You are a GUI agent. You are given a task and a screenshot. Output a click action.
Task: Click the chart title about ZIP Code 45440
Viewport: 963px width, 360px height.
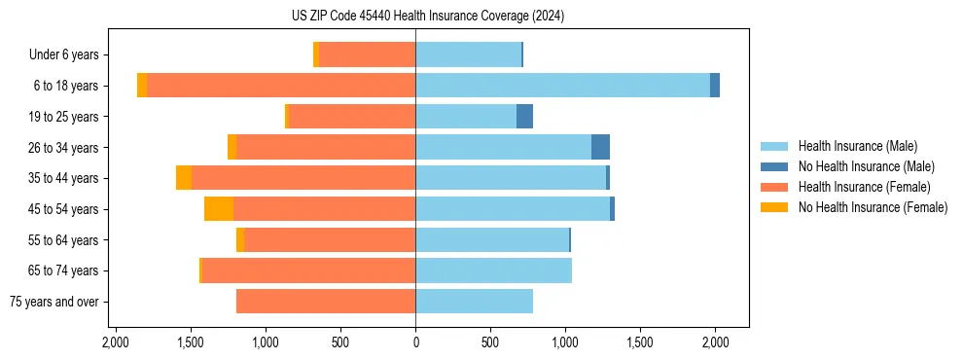click(482, 17)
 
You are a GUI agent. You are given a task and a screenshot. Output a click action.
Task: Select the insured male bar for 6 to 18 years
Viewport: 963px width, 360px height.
click(562, 86)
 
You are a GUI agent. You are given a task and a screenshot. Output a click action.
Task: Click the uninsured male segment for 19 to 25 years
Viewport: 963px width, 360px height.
click(524, 117)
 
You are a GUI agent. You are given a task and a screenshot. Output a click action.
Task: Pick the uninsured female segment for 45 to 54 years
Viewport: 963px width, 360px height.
click(219, 209)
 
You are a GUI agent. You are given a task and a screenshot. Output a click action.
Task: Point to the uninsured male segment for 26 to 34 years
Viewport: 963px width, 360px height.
click(600, 147)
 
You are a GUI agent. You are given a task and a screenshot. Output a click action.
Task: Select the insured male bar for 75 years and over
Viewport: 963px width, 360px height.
click(474, 302)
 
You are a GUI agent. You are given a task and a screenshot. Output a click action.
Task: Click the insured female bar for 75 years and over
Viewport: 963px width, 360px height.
click(326, 302)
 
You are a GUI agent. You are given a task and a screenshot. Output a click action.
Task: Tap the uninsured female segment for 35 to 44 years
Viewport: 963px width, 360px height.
click(184, 178)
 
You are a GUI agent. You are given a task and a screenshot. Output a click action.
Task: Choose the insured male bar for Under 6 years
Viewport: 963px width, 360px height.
click(468, 54)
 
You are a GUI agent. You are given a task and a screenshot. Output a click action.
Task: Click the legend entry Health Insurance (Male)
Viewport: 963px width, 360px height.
click(857, 146)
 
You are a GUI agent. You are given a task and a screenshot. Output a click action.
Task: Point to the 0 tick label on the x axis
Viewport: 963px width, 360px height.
click(415, 342)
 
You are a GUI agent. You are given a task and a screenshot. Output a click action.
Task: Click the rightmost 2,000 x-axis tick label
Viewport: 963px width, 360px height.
click(715, 342)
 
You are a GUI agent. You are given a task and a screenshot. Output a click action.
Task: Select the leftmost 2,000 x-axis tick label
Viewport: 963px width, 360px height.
click(116, 342)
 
